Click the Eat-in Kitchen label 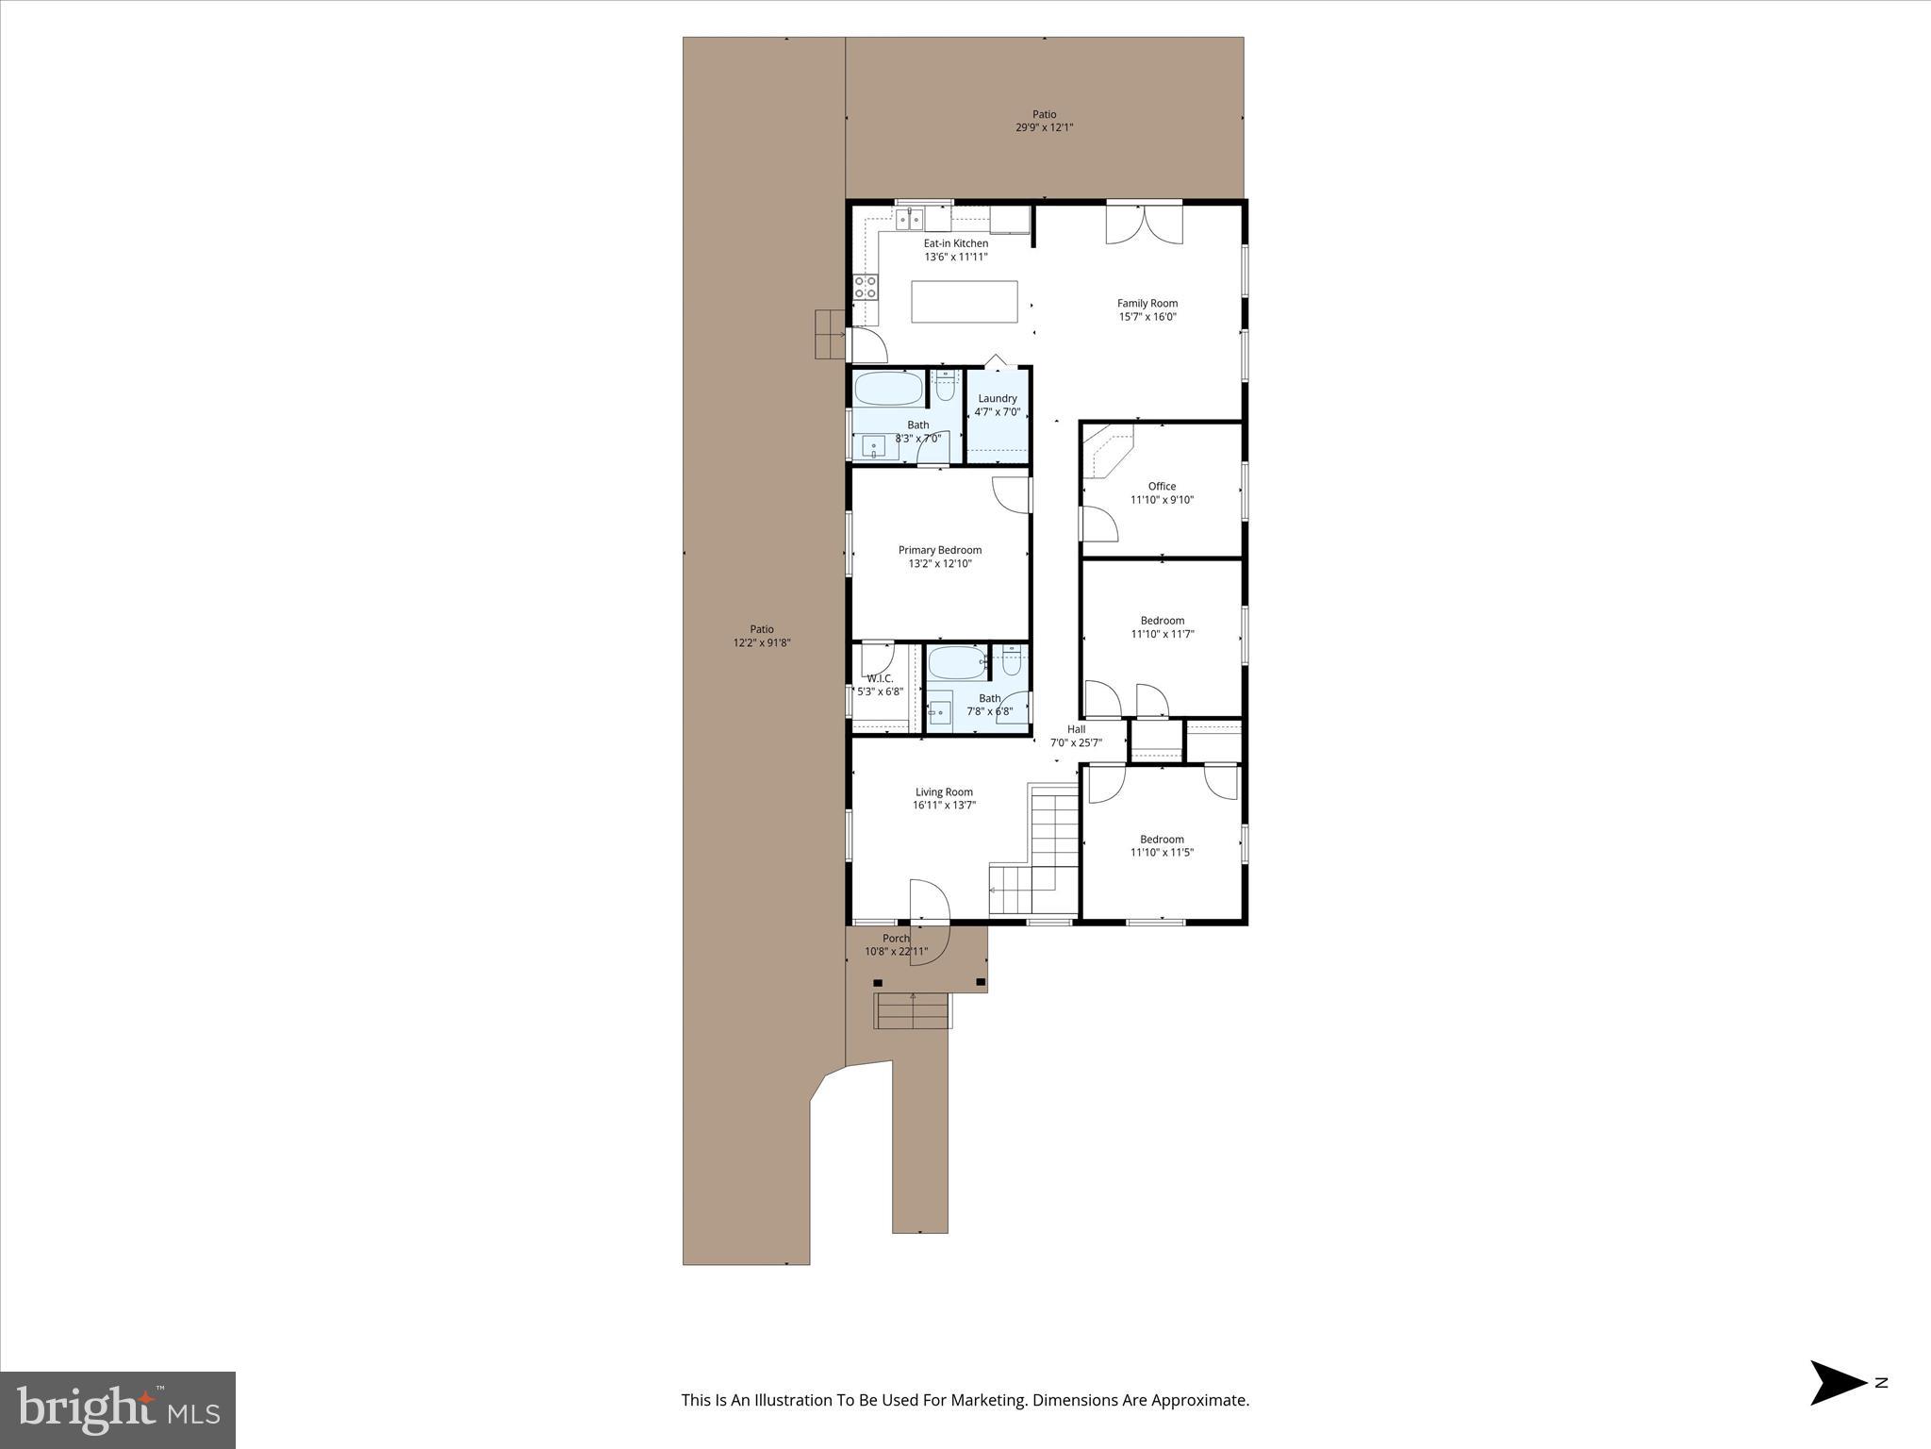[955, 243]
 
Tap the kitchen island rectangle [965, 302]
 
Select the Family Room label [1147, 304]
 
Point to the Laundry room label [997, 399]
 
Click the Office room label [1162, 487]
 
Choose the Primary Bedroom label [939, 550]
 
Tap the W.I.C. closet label [880, 678]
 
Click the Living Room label [944, 792]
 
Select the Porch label [896, 939]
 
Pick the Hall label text [1076, 729]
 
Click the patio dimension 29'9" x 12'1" [1044, 127]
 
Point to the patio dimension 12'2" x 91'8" [762, 642]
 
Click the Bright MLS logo [118, 1410]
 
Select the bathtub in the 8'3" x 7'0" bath [888, 389]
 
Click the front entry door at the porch [928, 901]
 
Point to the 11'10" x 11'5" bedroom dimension [1162, 853]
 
